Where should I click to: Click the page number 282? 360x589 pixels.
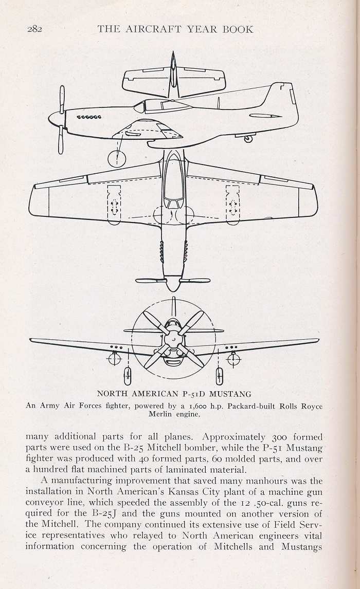34,29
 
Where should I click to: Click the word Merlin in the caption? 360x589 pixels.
159,415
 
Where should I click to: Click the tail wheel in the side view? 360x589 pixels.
248,139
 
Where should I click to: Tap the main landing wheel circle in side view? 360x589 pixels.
118,158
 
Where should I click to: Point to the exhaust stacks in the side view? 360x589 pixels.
89,117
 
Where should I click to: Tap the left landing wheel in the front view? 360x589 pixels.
128,374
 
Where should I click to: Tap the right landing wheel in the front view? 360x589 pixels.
219,374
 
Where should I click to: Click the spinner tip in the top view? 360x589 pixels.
173,290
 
